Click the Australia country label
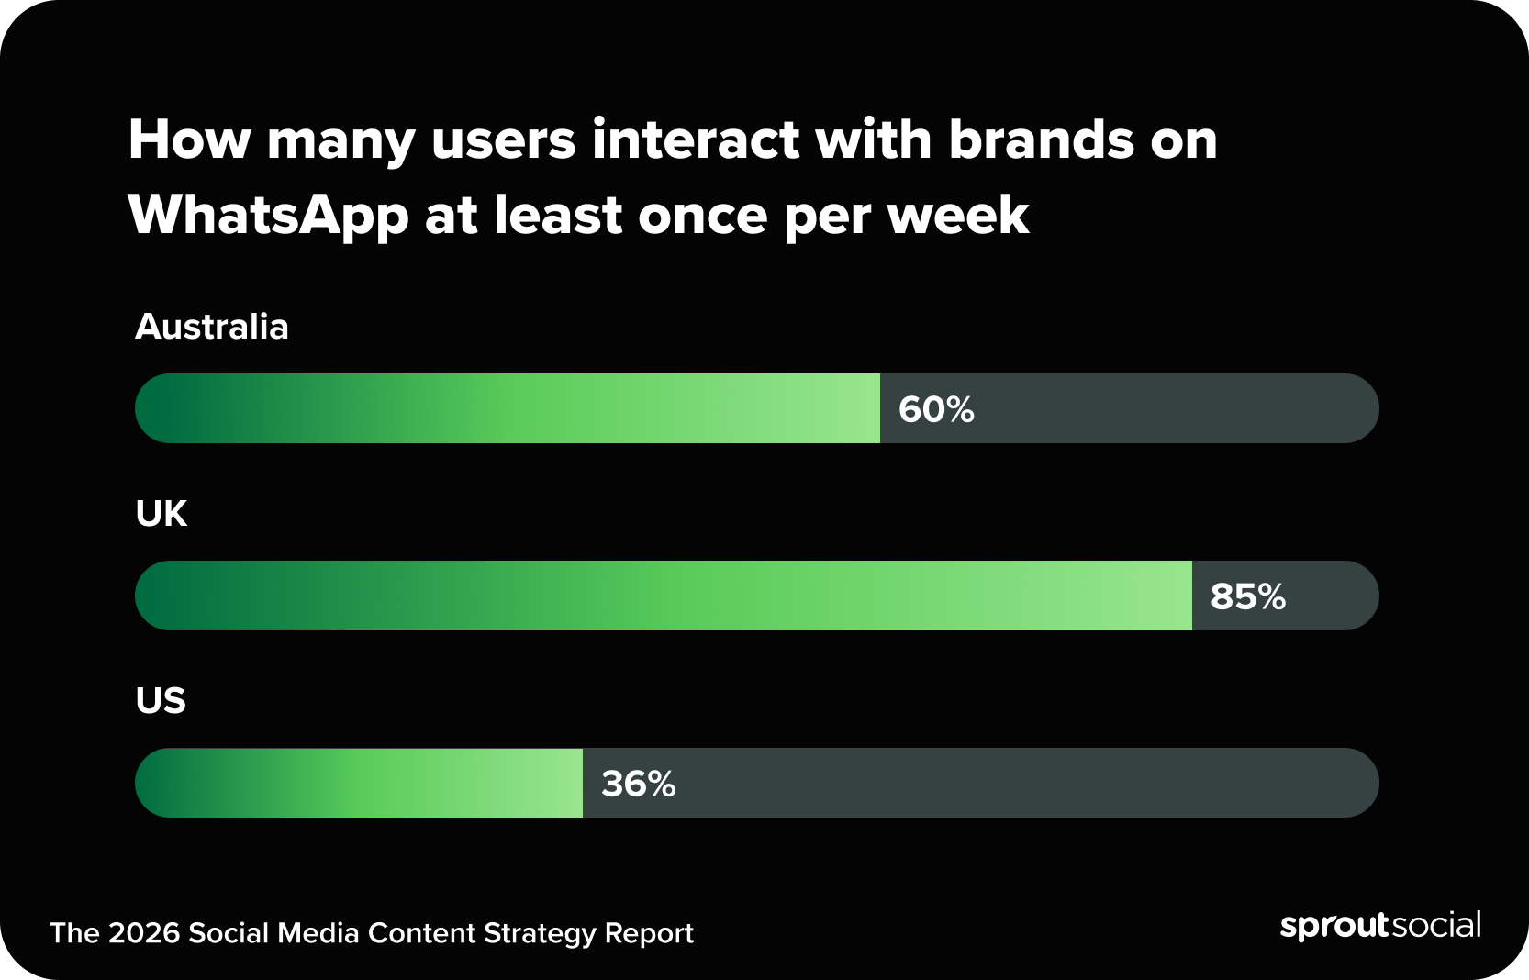(x=211, y=327)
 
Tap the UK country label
(x=162, y=514)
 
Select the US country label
(x=161, y=701)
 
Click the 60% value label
(x=936, y=409)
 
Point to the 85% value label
(x=1247, y=596)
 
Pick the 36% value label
(x=638, y=784)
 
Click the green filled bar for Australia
(x=508, y=408)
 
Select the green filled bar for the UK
(x=664, y=596)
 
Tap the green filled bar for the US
(x=359, y=783)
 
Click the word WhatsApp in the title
(x=268, y=217)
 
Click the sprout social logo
(x=1379, y=925)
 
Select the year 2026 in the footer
(x=143, y=933)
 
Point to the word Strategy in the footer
(x=540, y=933)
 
